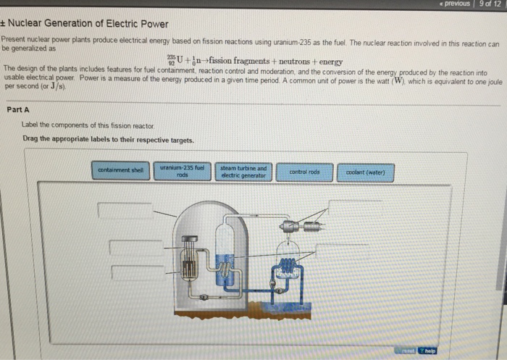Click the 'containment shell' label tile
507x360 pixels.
click(121, 172)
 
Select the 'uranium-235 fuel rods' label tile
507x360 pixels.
click(183, 171)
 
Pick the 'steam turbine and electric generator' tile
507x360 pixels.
click(243, 172)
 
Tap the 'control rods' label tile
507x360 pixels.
click(304, 172)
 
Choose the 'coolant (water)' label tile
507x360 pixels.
click(365, 172)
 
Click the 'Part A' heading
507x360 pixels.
click(18, 110)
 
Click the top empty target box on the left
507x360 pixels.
click(125, 210)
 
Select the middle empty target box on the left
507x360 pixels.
click(135, 247)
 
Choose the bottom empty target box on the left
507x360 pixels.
click(138, 273)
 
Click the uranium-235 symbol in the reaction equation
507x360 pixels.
click(172, 62)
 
